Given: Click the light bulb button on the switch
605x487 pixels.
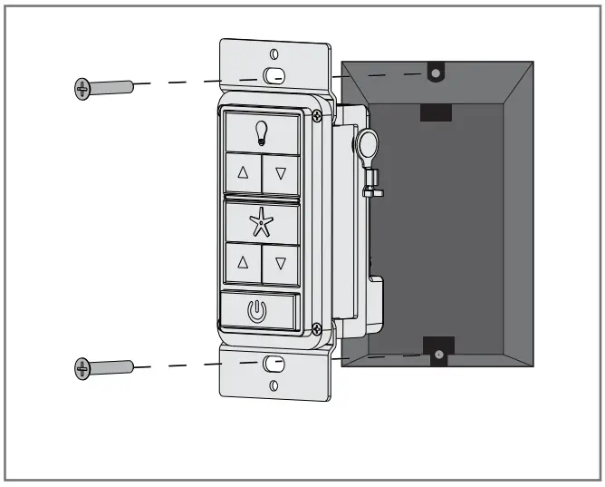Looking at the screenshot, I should pyautogui.click(x=262, y=132).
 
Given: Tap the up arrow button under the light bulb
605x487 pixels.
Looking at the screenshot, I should pyautogui.click(x=243, y=171).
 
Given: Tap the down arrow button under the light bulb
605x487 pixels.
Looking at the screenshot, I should pyautogui.click(x=281, y=172).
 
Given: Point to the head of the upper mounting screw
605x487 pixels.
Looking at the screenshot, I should pyautogui.click(x=82, y=88).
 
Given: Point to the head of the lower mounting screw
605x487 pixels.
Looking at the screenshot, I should pyautogui.click(x=82, y=367).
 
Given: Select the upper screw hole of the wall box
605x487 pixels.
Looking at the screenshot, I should pyautogui.click(x=436, y=71).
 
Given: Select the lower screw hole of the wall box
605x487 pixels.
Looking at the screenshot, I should pyautogui.click(x=438, y=355).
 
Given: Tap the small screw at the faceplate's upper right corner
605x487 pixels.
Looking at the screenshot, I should pyautogui.click(x=315, y=115).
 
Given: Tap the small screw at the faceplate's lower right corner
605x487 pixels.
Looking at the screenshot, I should pyautogui.click(x=314, y=328).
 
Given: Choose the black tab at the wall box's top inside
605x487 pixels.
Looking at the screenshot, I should pyautogui.click(x=436, y=112).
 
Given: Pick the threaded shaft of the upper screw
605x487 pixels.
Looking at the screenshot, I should pyautogui.click(x=112, y=87).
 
